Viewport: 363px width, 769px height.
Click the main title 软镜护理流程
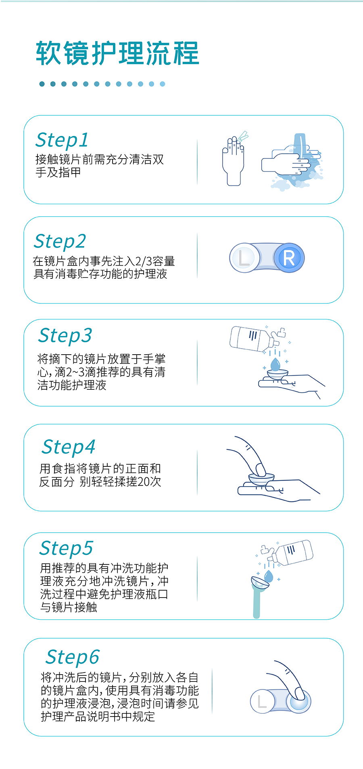pyautogui.click(x=117, y=54)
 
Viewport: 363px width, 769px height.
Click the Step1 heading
pyautogui.click(x=62, y=140)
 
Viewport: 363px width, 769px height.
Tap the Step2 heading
pyautogui.click(x=60, y=241)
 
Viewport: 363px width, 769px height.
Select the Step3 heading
pyautogui.click(x=65, y=335)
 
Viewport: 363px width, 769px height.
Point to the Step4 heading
pyautogui.click(x=69, y=447)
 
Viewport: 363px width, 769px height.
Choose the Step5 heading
pyautogui.click(x=66, y=548)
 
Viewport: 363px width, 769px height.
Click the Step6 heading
pyautogui.click(x=73, y=657)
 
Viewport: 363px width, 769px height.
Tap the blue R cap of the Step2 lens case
pyautogui.click(x=289, y=258)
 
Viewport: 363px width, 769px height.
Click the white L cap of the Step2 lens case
pyautogui.click(x=244, y=257)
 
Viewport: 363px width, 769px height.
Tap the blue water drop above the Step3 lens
pyautogui.click(x=275, y=364)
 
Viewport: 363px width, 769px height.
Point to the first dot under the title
pyautogui.click(x=42, y=84)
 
